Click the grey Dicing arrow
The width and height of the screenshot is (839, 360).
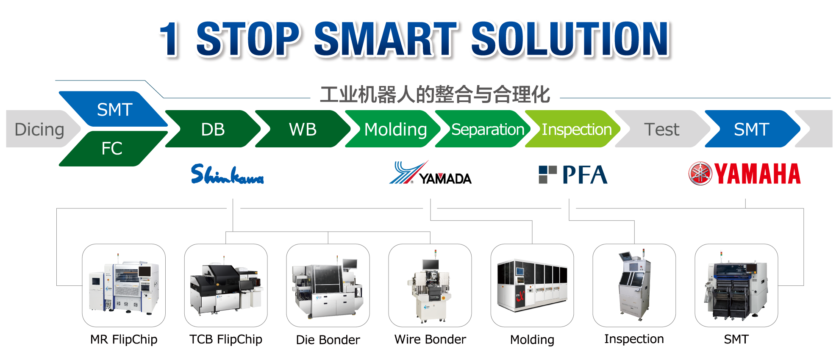(40, 129)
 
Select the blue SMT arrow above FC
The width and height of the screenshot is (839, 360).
(114, 109)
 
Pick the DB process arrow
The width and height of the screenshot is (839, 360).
(213, 129)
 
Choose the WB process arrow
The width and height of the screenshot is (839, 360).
(303, 129)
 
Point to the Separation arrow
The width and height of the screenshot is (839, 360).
(483, 129)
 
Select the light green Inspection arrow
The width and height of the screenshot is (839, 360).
(573, 129)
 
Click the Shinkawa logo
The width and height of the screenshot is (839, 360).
(227, 174)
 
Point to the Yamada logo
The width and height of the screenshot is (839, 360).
(430, 173)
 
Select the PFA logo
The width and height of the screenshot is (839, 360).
(573, 174)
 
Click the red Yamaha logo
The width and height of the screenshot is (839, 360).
(745, 174)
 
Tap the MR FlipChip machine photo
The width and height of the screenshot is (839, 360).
(124, 285)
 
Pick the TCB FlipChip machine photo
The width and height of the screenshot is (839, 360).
(226, 285)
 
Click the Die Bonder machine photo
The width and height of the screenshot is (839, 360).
(328, 285)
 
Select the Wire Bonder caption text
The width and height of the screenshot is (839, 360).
(430, 339)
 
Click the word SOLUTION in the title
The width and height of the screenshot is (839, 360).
(570, 39)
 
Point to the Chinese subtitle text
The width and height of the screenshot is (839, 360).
(435, 94)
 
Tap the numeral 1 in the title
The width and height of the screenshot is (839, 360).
(170, 39)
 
